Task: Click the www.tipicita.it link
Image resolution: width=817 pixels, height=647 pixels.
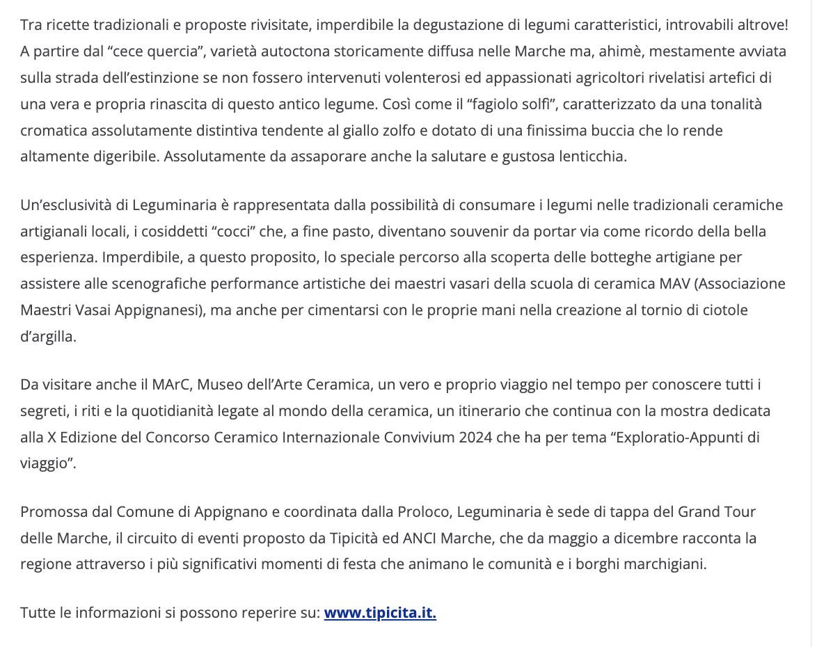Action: pyautogui.click(x=380, y=613)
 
